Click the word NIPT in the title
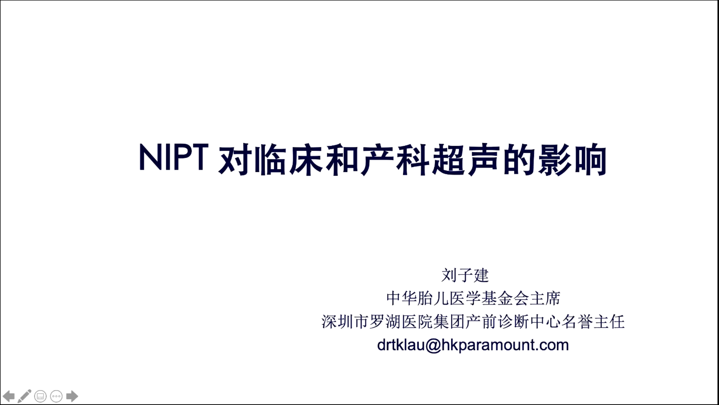coord(174,157)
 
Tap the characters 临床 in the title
coord(288,159)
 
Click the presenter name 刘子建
coord(465,275)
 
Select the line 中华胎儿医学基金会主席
coord(473,299)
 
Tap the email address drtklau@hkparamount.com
coord(473,345)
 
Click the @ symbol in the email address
coord(433,345)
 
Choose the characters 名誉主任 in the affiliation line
coord(593,322)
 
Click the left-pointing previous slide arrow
coord(8,396)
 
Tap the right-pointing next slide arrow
coord(72,396)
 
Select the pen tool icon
coord(24,396)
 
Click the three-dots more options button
coord(56,396)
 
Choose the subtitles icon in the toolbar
coord(40,396)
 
